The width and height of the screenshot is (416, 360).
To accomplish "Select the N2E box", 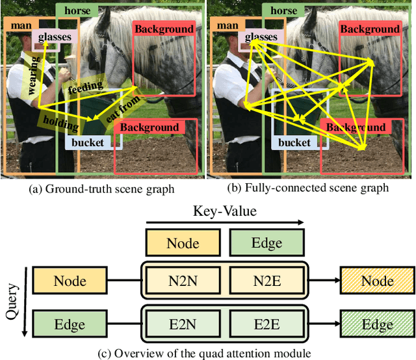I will [266, 281].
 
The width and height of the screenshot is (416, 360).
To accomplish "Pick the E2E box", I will [266, 324].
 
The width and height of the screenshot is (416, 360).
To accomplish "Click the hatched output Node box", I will [377, 281].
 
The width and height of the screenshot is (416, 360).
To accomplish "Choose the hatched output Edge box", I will [377, 324].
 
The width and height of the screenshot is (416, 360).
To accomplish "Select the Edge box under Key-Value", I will [266, 243].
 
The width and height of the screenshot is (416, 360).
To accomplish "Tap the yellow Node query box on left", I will [70, 281].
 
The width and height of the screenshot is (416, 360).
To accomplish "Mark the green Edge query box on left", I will [70, 324].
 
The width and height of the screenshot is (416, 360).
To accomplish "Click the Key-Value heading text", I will [224, 211].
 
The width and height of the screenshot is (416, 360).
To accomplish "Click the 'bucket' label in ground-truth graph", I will [88, 142].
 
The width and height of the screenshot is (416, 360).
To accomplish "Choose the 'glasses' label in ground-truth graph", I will [54, 38].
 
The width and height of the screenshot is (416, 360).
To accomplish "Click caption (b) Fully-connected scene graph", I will [311, 188].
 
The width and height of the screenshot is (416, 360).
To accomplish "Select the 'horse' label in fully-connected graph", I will [283, 10].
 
